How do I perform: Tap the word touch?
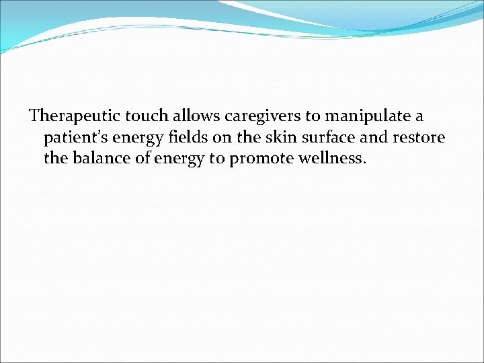(x=136, y=116)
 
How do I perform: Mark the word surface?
(x=310, y=138)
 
